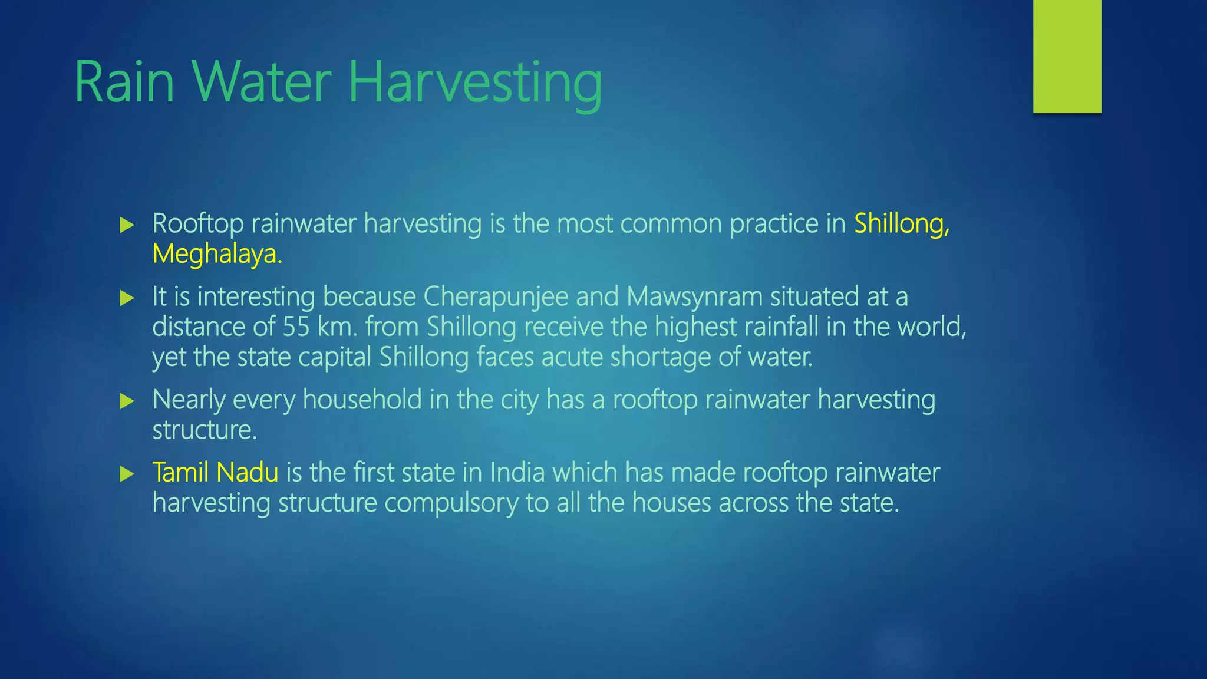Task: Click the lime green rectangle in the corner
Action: (x=1067, y=56)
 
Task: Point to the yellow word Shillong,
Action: (x=902, y=224)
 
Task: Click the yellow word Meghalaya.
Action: (x=217, y=254)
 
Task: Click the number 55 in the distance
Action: (x=296, y=327)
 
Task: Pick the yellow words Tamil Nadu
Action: (x=215, y=473)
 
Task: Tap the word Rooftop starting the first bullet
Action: (x=197, y=224)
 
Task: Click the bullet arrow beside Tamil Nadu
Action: (x=127, y=474)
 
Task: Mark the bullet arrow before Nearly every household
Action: (x=127, y=401)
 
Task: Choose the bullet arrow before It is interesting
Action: (x=127, y=298)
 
